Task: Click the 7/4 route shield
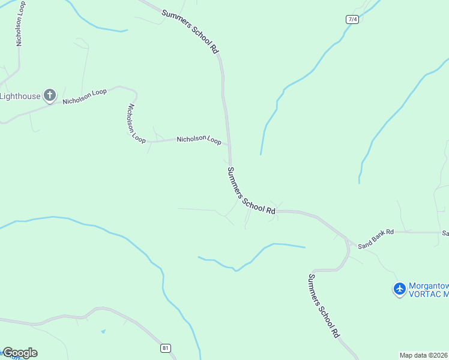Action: (352, 19)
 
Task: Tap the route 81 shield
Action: (166, 347)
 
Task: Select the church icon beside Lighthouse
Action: (49, 95)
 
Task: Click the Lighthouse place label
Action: (20, 96)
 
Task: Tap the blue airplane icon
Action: (399, 289)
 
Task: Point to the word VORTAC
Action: (424, 295)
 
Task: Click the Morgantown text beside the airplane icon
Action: (429, 286)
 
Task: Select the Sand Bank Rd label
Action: (375, 239)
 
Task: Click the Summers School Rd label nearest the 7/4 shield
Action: (190, 31)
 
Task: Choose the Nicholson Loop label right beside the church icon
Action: (85, 97)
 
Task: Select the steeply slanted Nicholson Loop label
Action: (136, 123)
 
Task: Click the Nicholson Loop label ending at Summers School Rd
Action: (199, 140)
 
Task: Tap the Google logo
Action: (19, 353)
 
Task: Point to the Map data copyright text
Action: (424, 355)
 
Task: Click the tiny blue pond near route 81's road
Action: (103, 331)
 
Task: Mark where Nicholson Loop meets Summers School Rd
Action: (229, 144)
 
